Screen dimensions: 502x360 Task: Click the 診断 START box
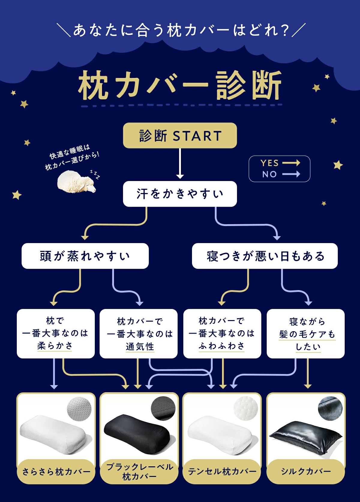point(180,135)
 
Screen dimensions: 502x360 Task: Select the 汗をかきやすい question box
point(180,194)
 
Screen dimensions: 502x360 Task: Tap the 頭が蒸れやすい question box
point(85,256)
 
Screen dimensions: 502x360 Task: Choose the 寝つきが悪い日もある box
point(265,256)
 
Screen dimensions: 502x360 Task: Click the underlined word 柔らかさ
point(55,346)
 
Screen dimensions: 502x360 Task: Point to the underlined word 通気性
point(140,347)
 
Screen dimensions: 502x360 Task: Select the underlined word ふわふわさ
point(222,346)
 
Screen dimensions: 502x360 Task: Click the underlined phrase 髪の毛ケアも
point(307,334)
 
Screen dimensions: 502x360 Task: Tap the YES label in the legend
point(269,163)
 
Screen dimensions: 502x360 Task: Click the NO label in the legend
point(269,174)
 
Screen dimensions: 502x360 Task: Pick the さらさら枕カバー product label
point(56,471)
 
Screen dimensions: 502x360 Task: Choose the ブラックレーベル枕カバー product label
point(139,471)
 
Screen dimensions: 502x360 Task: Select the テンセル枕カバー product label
point(222,471)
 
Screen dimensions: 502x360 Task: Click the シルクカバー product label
point(306,471)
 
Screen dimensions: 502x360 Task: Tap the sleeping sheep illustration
point(77,182)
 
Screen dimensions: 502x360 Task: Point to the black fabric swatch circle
point(163,408)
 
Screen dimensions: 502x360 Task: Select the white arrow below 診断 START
point(180,163)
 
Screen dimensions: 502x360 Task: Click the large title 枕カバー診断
point(180,85)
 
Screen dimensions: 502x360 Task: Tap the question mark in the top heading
point(284,30)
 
